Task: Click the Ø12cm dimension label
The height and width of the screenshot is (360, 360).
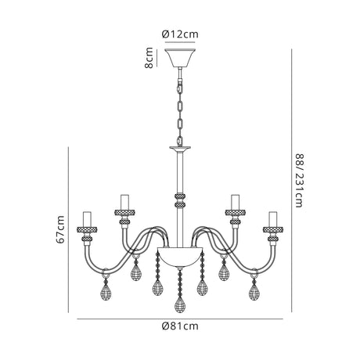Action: [x=180, y=34]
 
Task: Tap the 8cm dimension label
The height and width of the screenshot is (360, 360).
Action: [x=149, y=58]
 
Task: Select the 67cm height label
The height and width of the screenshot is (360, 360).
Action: [x=60, y=229]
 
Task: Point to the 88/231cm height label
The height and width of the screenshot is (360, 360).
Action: [x=299, y=181]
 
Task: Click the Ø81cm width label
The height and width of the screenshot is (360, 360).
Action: [x=180, y=326]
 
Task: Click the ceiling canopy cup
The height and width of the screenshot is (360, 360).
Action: [x=180, y=58]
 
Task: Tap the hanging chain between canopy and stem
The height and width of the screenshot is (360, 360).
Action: [x=180, y=106]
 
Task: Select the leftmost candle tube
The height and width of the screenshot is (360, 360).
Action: [x=87, y=219]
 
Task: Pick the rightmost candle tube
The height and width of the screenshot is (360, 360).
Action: [x=273, y=219]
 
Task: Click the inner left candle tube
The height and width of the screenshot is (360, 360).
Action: [x=124, y=202]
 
